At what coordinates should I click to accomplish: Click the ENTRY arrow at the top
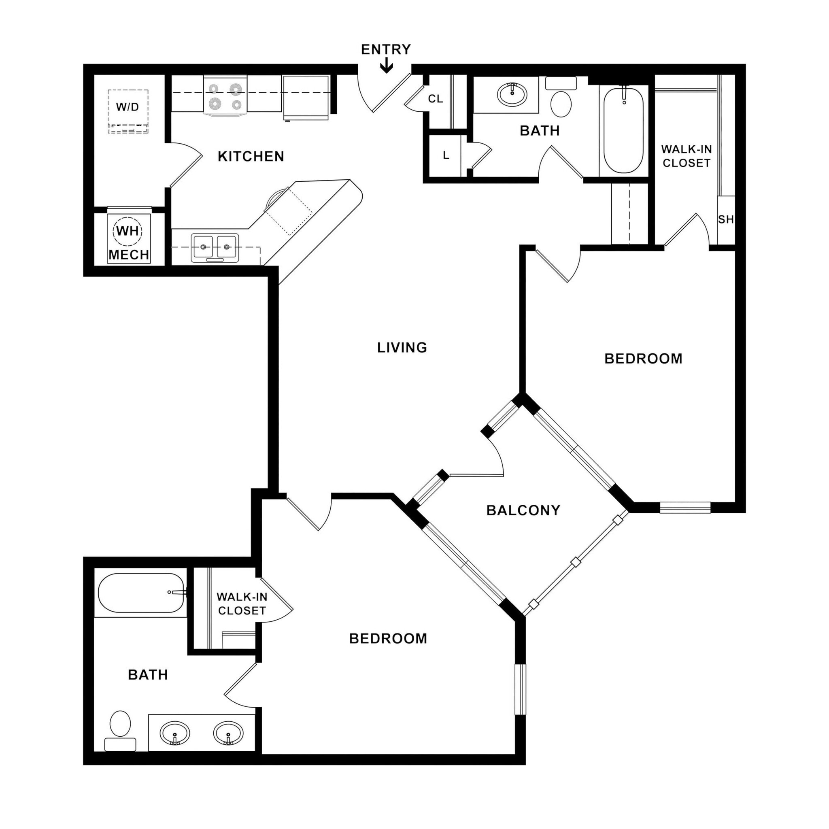point(386,66)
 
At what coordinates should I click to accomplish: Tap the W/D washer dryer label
point(128,107)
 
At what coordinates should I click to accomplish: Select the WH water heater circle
point(128,231)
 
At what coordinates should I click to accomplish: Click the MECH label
point(128,255)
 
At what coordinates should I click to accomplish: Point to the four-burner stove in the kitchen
point(225,96)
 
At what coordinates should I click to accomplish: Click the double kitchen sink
point(215,248)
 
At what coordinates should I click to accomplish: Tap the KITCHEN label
point(251,156)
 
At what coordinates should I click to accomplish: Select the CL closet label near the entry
point(435,99)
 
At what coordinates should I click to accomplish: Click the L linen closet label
point(446,155)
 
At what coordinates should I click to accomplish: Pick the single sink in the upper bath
point(512,94)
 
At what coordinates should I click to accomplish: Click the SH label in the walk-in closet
point(726,219)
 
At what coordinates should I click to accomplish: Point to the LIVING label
point(402,347)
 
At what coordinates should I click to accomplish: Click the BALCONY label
point(523,510)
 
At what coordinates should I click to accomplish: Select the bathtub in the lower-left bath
point(141,593)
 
